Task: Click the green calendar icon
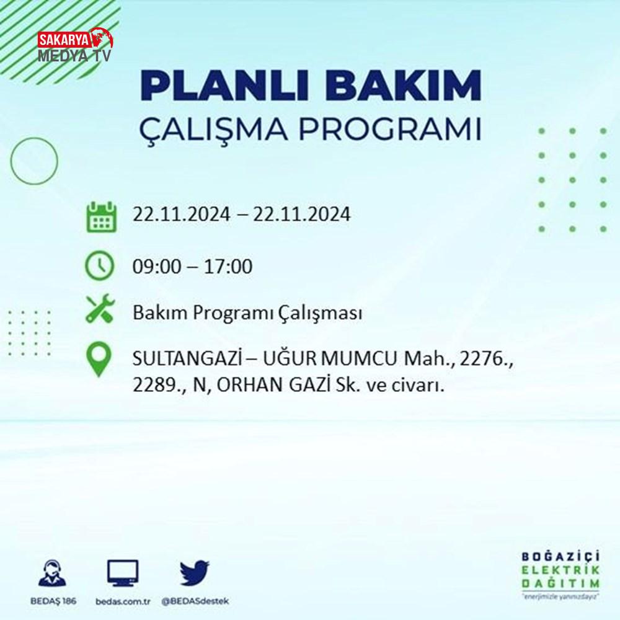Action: pos(101,216)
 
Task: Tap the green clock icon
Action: pos(100,266)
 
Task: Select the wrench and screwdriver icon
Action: pos(100,308)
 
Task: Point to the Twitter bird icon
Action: pos(194,572)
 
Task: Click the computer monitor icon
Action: pos(123,573)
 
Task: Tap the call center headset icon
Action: pos(52,572)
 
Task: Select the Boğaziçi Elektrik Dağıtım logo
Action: pos(560,575)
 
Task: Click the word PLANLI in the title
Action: pos(224,86)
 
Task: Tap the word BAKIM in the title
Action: pos(403,86)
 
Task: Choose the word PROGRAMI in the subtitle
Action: pos(390,128)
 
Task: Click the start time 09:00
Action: pos(157,266)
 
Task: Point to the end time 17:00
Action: pos(228,266)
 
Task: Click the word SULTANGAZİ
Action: pos(187,358)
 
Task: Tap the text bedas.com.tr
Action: pos(123,601)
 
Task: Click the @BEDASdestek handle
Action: pos(195,601)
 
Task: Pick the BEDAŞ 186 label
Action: pos(53,601)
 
